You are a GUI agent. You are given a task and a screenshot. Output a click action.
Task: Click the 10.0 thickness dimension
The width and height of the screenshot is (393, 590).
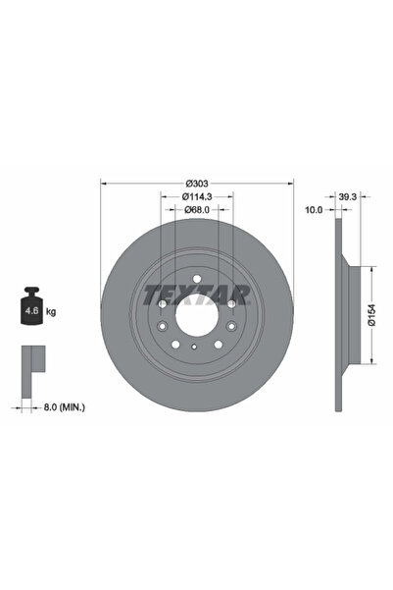coord(313,209)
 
